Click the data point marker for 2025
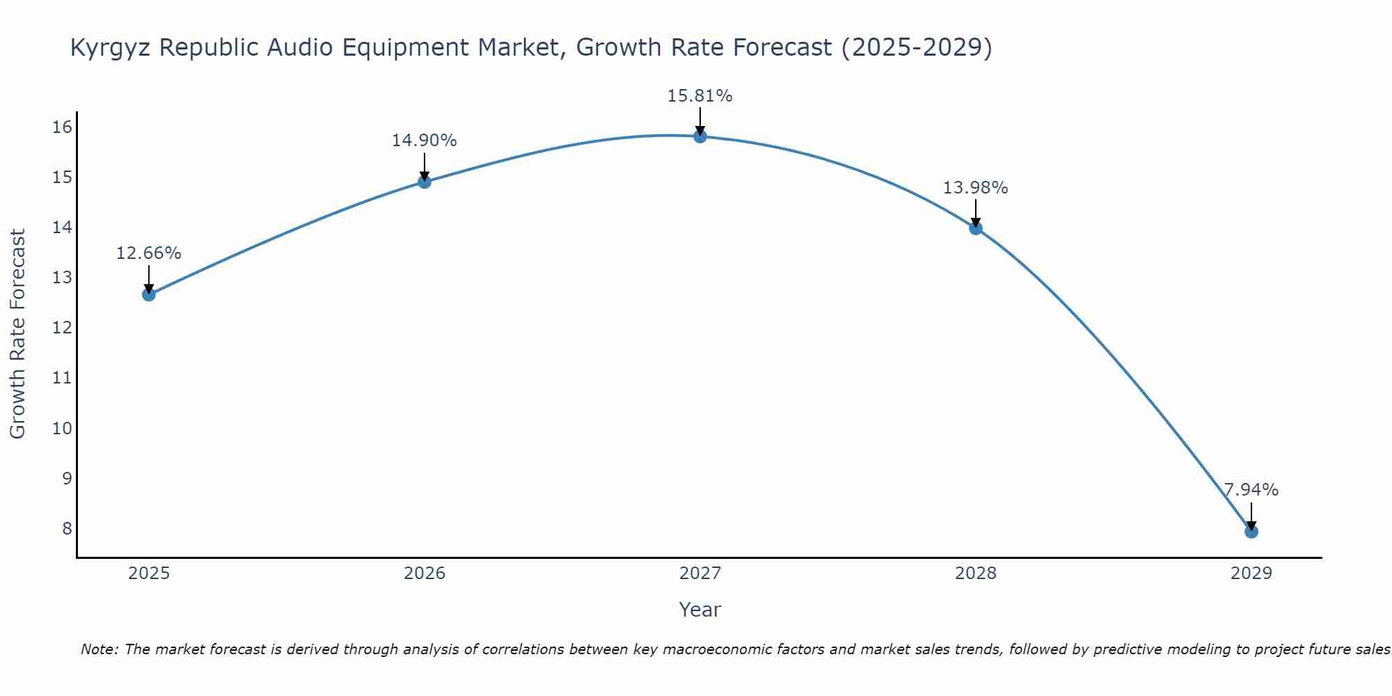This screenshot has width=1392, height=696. pyautogui.click(x=148, y=294)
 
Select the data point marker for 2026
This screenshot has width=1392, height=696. pyautogui.click(x=424, y=182)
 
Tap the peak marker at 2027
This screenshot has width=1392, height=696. pyautogui.click(x=699, y=136)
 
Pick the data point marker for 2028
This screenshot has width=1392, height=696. pyautogui.click(x=975, y=228)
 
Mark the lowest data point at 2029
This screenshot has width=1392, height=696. pyautogui.click(x=1251, y=532)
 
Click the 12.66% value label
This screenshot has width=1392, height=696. pyautogui.click(x=148, y=253)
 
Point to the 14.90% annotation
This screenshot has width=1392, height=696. pyautogui.click(x=424, y=141)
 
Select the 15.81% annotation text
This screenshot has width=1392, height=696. pyautogui.click(x=699, y=96)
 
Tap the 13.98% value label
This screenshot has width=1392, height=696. pyautogui.click(x=975, y=188)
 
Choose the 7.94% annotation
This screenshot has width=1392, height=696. pyautogui.click(x=1251, y=490)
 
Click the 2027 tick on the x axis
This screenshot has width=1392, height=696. pyautogui.click(x=699, y=574)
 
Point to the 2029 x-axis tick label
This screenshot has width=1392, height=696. pyautogui.click(x=1251, y=574)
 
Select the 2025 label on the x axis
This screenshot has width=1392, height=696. pyautogui.click(x=148, y=574)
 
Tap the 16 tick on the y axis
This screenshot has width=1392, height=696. pyautogui.click(x=62, y=127)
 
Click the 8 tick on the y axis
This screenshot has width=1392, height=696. pyautogui.click(x=67, y=528)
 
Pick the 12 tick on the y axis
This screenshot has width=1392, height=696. pyautogui.click(x=62, y=328)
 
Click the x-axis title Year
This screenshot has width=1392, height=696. pyautogui.click(x=699, y=610)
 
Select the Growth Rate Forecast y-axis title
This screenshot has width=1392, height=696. pyautogui.click(x=18, y=334)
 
